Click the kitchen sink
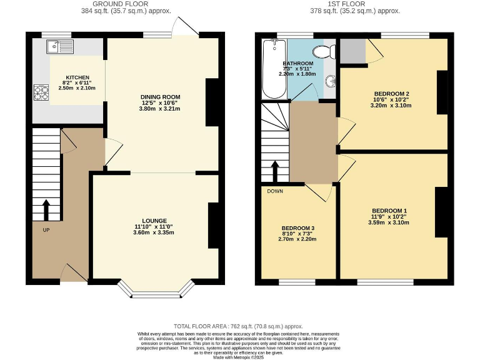(59, 46)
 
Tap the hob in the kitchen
(41, 92)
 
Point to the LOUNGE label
(154, 221)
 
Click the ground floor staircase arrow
(46, 210)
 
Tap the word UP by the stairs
(46, 231)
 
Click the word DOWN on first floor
(275, 191)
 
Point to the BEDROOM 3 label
(297, 228)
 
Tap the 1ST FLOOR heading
(354, 4)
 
